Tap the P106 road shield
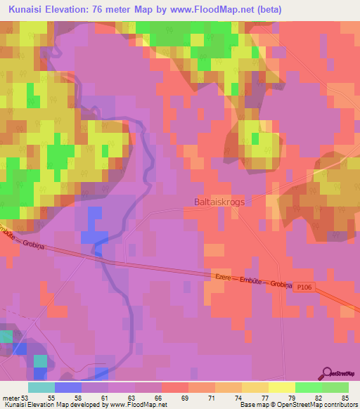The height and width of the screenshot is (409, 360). (x=303, y=287)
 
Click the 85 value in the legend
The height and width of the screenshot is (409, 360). (x=345, y=397)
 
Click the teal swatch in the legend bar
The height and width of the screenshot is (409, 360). (x=41, y=387)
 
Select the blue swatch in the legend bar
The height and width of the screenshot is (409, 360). (x=68, y=387)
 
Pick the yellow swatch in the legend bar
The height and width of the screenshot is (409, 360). (x=282, y=387)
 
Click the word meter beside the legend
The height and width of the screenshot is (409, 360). (x=11, y=397)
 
